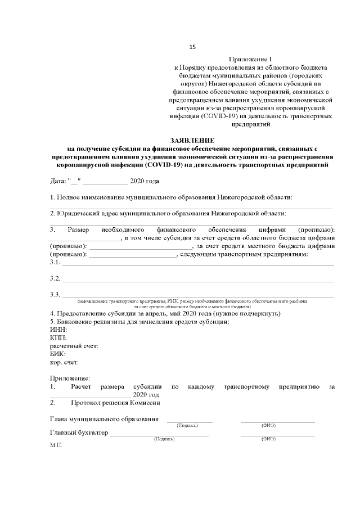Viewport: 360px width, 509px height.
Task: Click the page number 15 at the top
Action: tap(192, 46)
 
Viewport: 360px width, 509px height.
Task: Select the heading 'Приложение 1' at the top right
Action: tap(250, 59)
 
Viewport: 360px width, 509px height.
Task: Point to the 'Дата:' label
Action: tap(58, 181)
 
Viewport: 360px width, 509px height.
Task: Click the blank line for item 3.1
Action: tap(197, 264)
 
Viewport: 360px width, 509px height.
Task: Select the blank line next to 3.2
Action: tap(197, 281)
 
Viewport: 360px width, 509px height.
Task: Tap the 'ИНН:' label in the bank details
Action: tap(58, 330)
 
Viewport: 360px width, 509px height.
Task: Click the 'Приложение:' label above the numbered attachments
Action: tap(70, 379)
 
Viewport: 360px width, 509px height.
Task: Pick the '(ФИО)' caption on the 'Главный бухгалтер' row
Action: tap(268, 439)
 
